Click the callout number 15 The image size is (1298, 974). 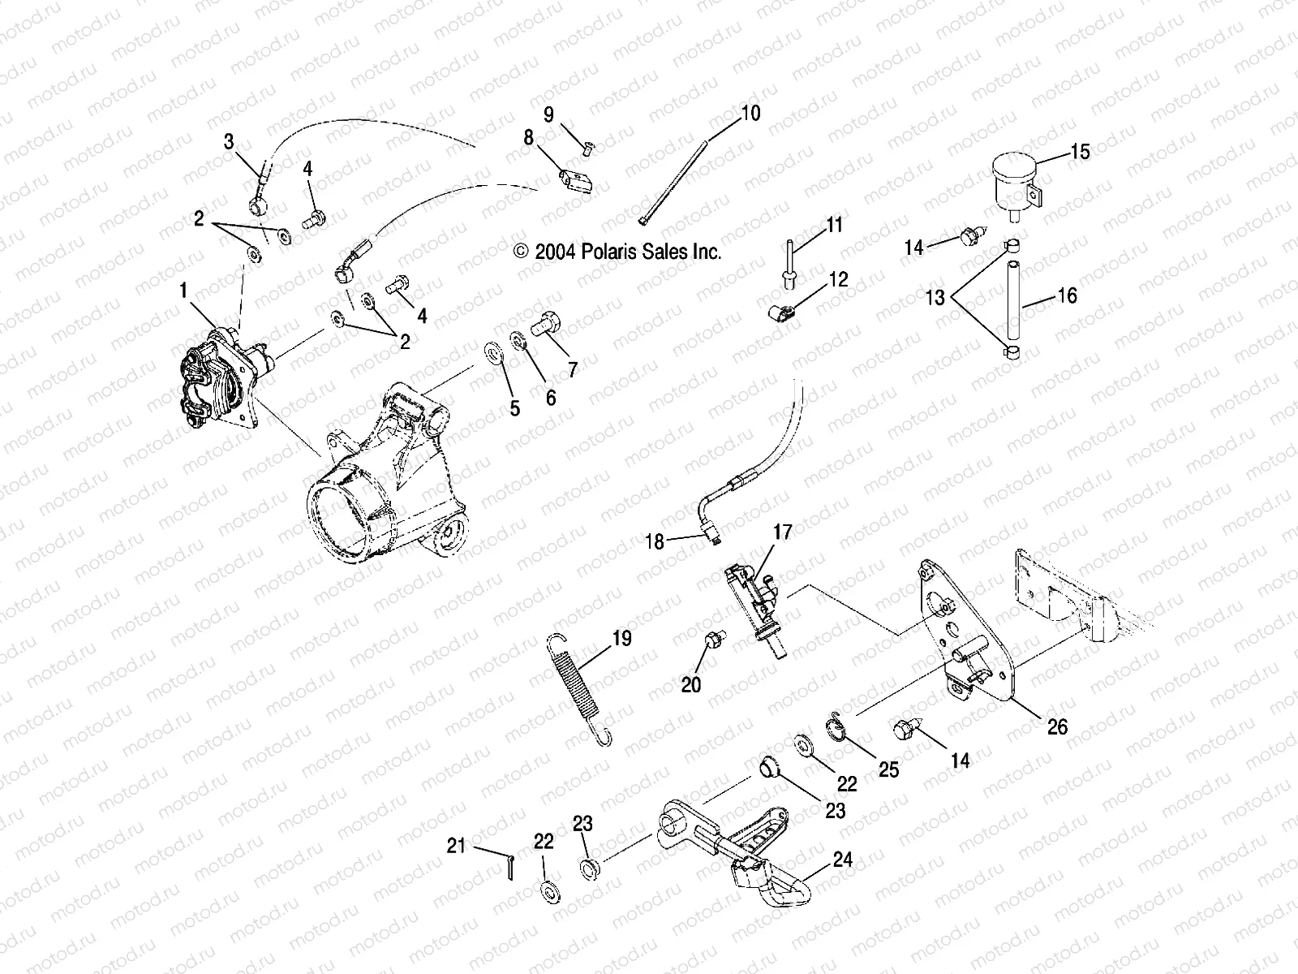click(x=1080, y=152)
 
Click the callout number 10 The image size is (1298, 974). click(x=750, y=114)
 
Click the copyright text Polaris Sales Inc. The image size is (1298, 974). click(x=617, y=252)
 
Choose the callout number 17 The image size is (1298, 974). click(x=782, y=532)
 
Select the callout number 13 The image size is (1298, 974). click(x=935, y=298)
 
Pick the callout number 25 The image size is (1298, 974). click(x=889, y=769)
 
